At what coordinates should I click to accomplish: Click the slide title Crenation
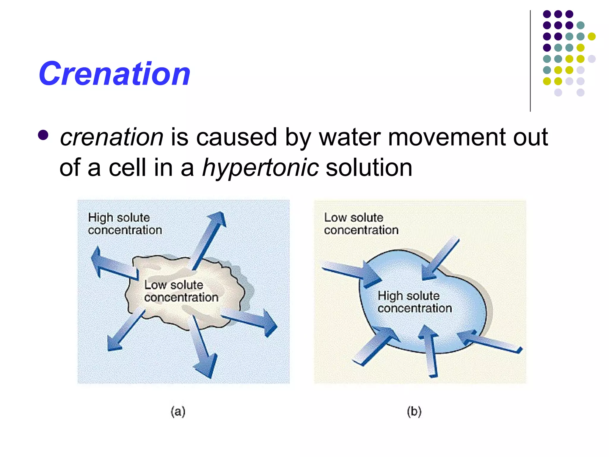coord(114,74)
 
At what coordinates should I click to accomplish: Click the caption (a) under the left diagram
coord(178,411)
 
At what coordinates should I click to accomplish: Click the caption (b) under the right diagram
coord(414,411)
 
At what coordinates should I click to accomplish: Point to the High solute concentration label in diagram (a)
coord(125,224)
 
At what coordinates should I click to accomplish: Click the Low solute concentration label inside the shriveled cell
coord(181,291)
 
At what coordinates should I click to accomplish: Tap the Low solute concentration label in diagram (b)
coord(361,224)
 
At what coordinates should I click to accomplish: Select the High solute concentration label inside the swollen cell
coord(415,302)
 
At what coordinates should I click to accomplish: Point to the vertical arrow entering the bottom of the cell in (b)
coord(430,351)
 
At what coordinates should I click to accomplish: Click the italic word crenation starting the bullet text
coord(112,137)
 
